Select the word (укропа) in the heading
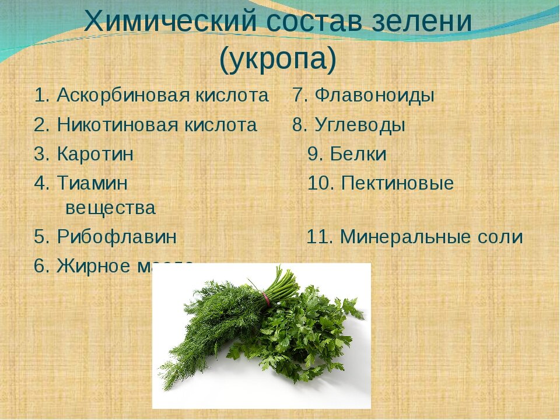[278, 59]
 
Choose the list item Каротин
[95, 155]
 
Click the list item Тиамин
[92, 184]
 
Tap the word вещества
[110, 208]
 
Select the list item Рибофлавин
[117, 237]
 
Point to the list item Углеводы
[359, 125]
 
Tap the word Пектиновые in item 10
[397, 184]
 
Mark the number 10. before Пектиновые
[321, 184]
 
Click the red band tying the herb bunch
[268, 299]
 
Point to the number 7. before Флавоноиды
[300, 95]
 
